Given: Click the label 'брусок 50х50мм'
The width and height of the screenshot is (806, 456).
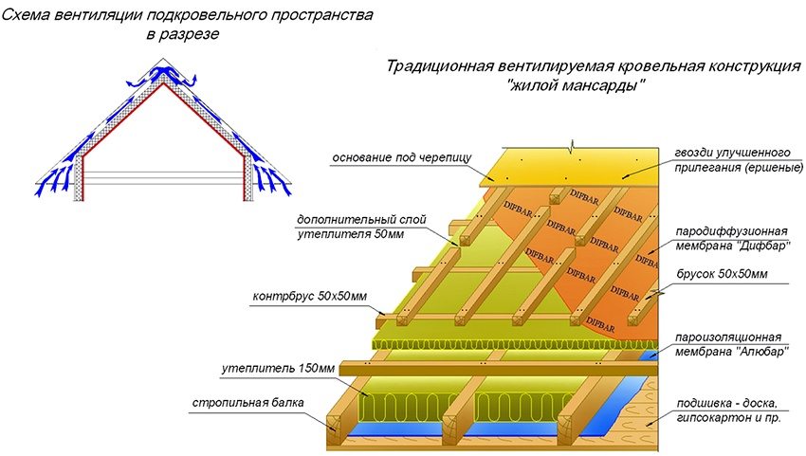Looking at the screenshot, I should (x=724, y=275).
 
